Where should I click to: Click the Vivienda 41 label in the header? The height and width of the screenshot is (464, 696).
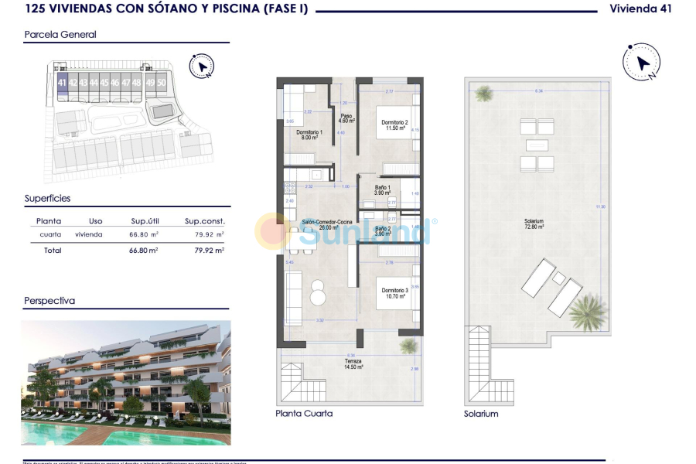pos(640,9)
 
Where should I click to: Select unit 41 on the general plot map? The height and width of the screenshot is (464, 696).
pos(62,82)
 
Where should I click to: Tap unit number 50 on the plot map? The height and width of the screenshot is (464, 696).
pos(161,82)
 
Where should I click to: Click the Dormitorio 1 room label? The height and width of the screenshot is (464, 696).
pos(309,134)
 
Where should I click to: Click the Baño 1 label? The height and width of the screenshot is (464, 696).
pos(383,189)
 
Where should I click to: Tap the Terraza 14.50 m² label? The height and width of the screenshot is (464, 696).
pos(353,363)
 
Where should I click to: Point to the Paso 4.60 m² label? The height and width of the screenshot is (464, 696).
pos(346,118)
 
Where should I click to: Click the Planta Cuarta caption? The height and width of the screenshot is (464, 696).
pos(304,414)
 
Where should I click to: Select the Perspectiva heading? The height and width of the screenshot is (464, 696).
pos(49,301)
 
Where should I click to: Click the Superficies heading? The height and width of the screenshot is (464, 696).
pos(47,198)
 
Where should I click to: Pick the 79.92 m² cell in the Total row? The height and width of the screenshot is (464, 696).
pos(209,251)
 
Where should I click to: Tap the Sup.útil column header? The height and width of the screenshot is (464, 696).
pos(145,220)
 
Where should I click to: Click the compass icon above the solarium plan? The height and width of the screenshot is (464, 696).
pos(641,63)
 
